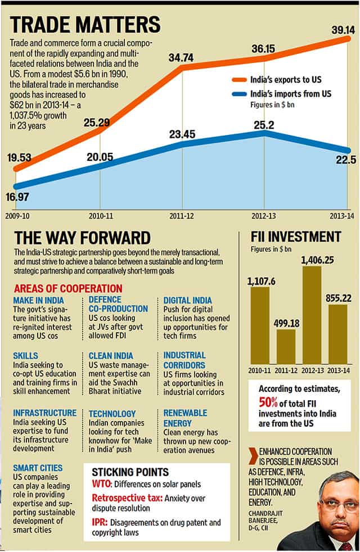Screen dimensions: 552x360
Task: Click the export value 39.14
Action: point(339,26)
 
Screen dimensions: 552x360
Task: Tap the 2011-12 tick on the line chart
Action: point(183,215)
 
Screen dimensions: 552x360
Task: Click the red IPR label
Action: point(100,522)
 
